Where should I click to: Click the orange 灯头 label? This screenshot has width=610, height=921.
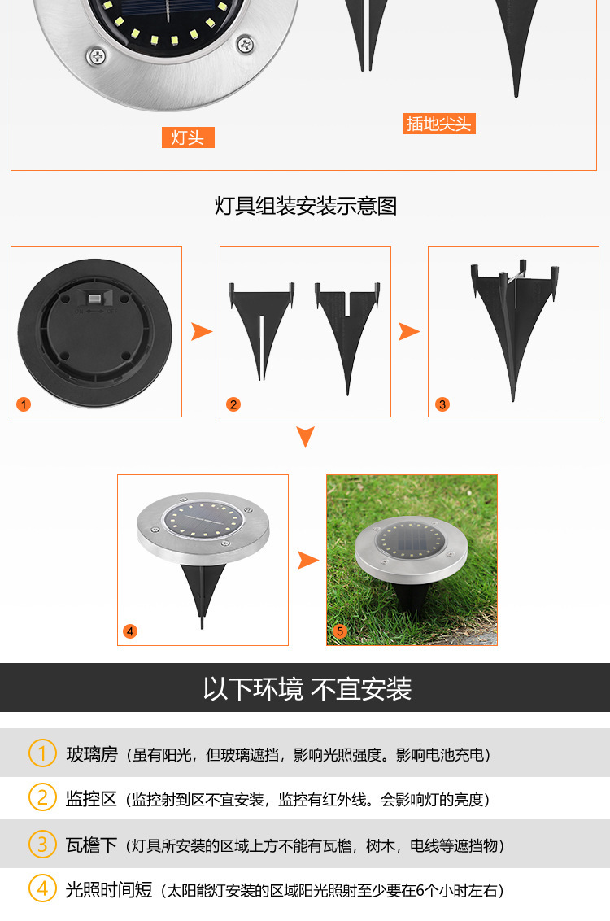click(x=188, y=137)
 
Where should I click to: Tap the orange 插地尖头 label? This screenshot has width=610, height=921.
click(x=439, y=124)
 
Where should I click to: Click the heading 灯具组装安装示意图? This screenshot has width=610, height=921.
click(x=305, y=206)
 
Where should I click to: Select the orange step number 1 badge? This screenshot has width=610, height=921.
click(x=24, y=404)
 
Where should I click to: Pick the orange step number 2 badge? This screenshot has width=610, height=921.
click(x=233, y=404)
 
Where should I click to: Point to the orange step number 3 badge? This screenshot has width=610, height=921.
click(x=442, y=404)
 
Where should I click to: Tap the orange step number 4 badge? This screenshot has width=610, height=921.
click(x=130, y=631)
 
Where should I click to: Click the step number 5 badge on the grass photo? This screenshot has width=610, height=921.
click(x=340, y=631)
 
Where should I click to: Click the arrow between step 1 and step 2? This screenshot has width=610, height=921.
click(x=201, y=331)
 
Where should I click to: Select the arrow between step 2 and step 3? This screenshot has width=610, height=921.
click(x=409, y=331)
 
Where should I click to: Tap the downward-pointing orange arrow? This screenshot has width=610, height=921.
click(x=305, y=436)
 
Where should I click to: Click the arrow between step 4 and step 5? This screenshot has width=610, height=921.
click(x=307, y=560)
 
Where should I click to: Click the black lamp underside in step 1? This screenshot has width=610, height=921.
click(x=95, y=332)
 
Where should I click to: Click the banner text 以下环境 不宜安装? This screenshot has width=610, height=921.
click(x=307, y=689)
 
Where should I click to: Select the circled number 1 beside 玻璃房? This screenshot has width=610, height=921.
click(x=42, y=753)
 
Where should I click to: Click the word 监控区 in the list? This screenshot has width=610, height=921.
click(x=91, y=799)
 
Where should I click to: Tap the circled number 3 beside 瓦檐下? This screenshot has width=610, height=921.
click(x=42, y=845)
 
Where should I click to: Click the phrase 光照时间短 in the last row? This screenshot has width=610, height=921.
click(x=109, y=890)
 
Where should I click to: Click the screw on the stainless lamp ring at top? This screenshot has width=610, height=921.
click(x=98, y=55)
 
